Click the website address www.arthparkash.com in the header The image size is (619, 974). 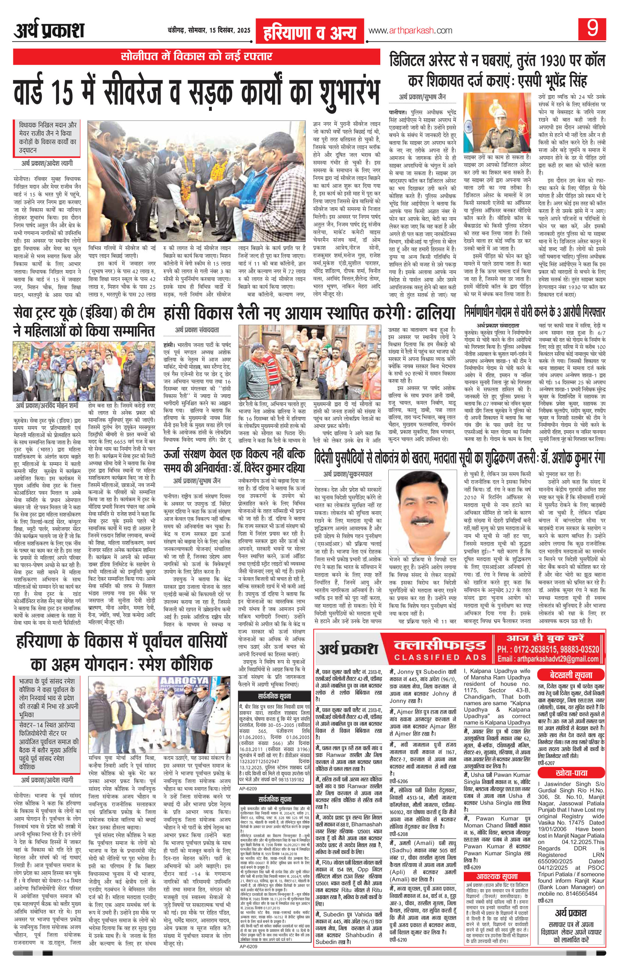410,31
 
